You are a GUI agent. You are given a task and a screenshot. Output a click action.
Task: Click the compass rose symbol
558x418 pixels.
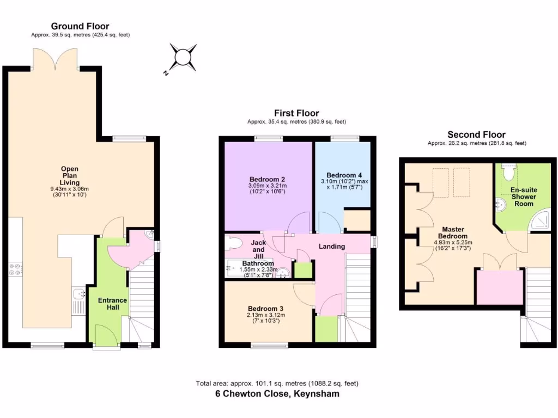pos(184,58)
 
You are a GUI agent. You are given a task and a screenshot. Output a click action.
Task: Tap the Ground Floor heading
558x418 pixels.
pos(80,26)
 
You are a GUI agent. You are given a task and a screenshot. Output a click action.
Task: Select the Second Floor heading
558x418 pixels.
pos(476,134)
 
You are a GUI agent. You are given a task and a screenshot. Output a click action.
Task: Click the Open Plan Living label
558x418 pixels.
pos(69,176)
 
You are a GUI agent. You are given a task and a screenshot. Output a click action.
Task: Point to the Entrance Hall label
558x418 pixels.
pos(112,304)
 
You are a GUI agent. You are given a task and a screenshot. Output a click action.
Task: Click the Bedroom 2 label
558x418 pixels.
pos(268,180)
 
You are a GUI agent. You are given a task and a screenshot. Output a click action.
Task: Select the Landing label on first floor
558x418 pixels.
pos(332,247)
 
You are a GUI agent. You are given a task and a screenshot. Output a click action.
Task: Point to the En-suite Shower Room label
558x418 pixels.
pos(523,196)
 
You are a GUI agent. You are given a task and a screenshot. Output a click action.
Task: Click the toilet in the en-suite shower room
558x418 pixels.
pos(508,171)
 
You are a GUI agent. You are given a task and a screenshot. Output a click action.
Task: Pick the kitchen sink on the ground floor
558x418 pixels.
pos(78,294)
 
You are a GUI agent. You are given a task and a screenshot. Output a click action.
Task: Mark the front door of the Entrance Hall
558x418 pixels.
pos(102,336)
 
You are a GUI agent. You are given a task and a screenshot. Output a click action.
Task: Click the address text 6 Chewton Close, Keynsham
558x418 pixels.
pos(277,394)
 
